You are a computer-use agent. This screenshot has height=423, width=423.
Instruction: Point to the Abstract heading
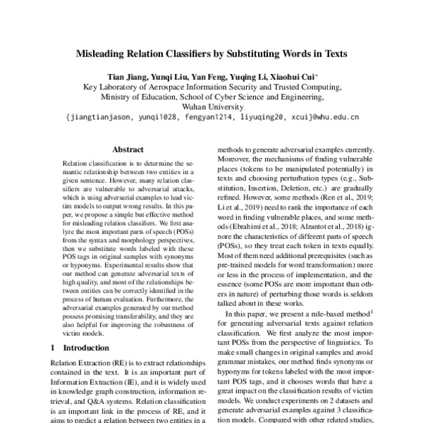(128, 149)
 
